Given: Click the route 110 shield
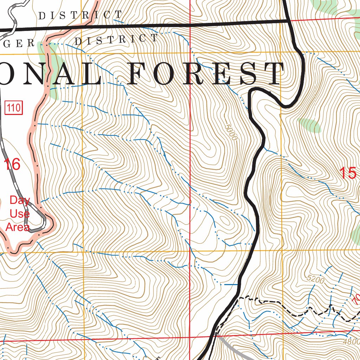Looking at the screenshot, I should pos(14,108).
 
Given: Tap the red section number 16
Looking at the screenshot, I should pos(12,164).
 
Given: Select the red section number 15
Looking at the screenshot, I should pos(348,173).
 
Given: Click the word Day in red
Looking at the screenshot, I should pos(20,200).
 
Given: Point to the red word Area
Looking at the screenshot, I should pos(18,227).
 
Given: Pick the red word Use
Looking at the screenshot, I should pos(20,214).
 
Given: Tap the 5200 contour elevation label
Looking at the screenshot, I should pos(315,280).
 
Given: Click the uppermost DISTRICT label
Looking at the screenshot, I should pos(80,15).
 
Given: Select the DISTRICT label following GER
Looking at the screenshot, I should pos(116,39).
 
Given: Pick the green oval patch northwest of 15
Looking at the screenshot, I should pos(309,125).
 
